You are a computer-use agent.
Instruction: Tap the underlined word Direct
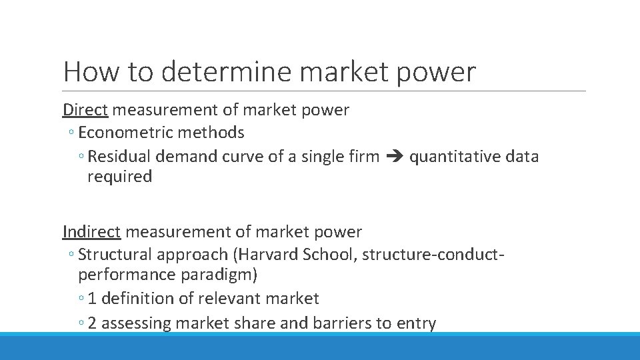pos(85,109)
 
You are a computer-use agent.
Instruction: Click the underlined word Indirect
pos(91,231)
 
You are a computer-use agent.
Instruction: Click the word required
pos(119,177)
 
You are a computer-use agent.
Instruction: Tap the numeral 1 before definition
pos(92,299)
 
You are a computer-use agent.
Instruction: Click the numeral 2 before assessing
pos(92,323)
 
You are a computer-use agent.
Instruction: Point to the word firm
pos(362,157)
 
